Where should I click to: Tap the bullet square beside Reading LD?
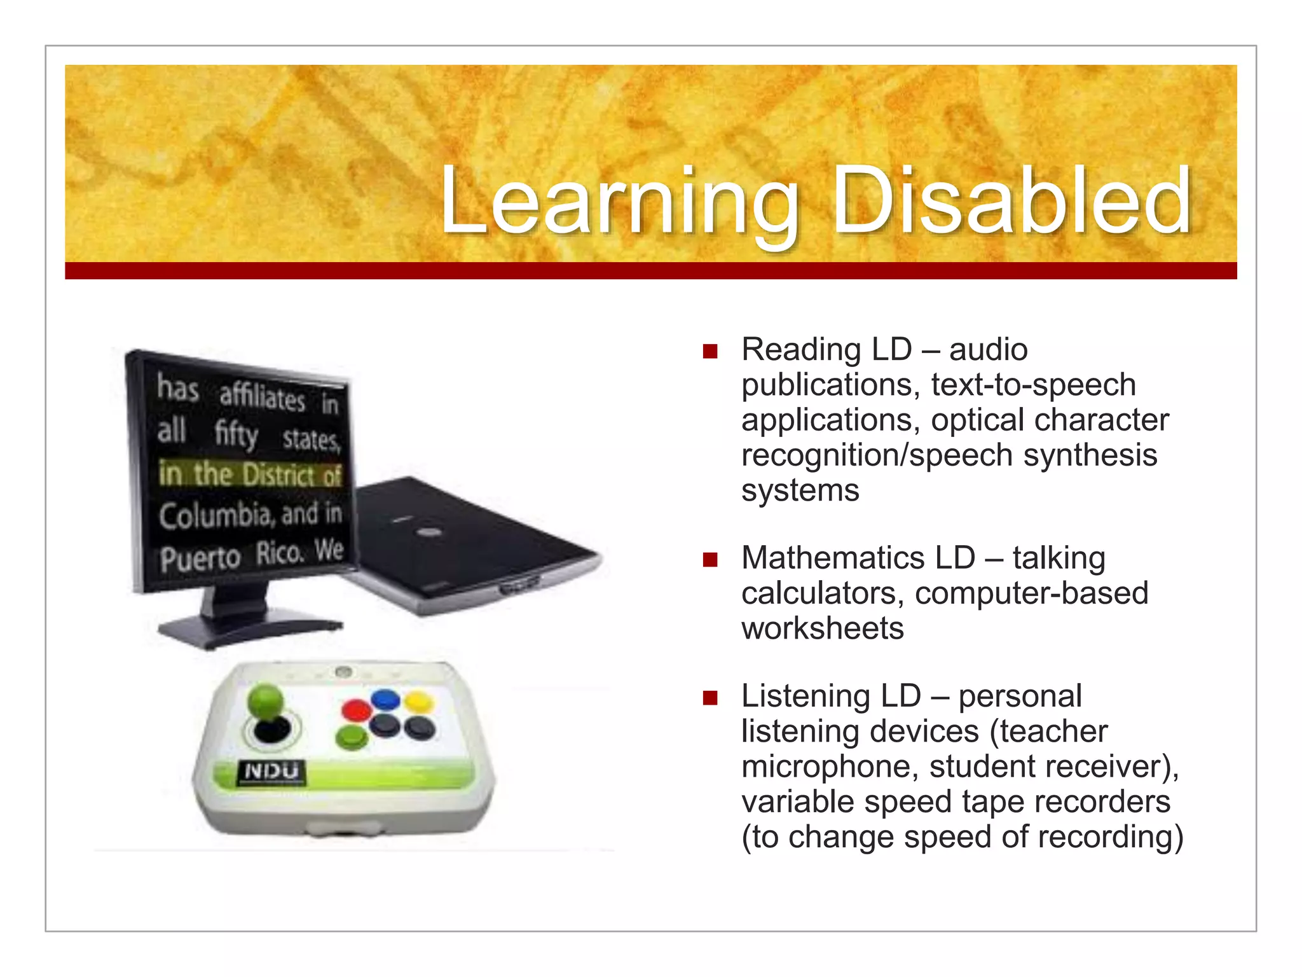click(x=710, y=351)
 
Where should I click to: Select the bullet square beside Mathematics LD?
click(x=710, y=560)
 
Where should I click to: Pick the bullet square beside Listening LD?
click(x=710, y=698)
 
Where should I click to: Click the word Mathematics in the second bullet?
click(x=858, y=558)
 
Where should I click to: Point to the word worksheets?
click(x=822, y=628)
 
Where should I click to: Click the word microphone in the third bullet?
click(x=830, y=766)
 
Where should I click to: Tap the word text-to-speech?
click(x=1033, y=385)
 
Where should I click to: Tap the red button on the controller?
click(x=357, y=709)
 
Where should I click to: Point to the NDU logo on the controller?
click(x=271, y=772)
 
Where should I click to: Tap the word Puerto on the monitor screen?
click(x=200, y=559)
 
